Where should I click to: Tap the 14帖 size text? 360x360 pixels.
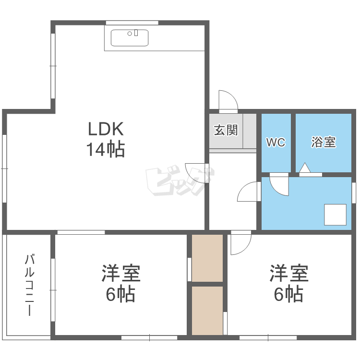(x=106, y=150)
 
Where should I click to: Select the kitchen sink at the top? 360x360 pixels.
(x=130, y=37)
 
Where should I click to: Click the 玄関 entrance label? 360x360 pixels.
(x=226, y=130)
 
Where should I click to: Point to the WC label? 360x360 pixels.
(x=276, y=143)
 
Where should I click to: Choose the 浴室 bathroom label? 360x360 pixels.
(x=323, y=142)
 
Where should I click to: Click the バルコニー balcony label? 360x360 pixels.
(x=29, y=286)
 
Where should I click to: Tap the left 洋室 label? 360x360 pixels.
(x=120, y=273)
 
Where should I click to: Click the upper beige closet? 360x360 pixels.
(x=207, y=258)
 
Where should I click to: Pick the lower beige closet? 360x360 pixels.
(x=207, y=310)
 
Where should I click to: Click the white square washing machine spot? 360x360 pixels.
(x=335, y=215)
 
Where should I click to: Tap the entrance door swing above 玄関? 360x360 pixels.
(x=227, y=100)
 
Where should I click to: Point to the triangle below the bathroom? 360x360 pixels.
(x=304, y=168)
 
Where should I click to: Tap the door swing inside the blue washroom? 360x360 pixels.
(x=279, y=185)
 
